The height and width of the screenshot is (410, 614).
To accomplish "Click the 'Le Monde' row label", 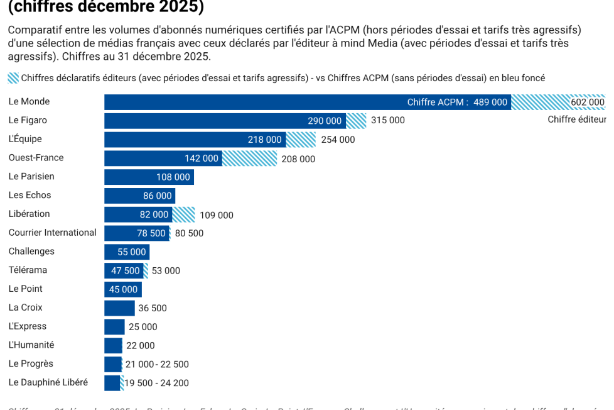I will pyautogui.click(x=29, y=101).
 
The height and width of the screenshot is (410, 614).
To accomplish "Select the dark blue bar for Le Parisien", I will pyautogui.click(x=149, y=177).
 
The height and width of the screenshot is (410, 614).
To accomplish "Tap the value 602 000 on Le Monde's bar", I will pyautogui.click(x=587, y=102).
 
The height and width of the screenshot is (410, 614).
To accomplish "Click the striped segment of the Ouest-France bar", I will pyautogui.click(x=249, y=158).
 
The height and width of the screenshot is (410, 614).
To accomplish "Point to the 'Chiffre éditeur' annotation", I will pyautogui.click(x=576, y=119).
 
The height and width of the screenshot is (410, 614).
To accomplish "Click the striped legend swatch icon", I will pyautogui.click(x=13, y=78).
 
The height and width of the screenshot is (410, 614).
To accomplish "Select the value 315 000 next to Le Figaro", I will pyautogui.click(x=387, y=121).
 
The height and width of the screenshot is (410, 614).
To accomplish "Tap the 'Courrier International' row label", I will pyautogui.click(x=52, y=233).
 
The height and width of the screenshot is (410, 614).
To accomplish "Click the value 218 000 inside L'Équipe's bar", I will pyautogui.click(x=264, y=140).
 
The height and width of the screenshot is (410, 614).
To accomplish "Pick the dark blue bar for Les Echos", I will pyautogui.click(x=139, y=196).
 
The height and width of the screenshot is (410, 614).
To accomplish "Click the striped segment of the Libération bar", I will pyautogui.click(x=183, y=214).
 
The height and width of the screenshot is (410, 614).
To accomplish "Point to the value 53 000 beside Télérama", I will pyautogui.click(x=166, y=271).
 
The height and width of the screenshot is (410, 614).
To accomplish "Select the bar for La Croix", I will pyautogui.click(x=119, y=308).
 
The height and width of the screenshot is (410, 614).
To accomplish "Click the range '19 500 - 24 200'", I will pyautogui.click(x=157, y=383).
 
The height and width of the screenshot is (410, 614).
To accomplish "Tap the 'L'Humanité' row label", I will pyautogui.click(x=31, y=345).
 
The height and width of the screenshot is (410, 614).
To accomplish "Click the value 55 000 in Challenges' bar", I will pyautogui.click(x=131, y=252).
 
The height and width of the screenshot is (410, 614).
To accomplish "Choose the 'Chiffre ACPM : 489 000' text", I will pyautogui.click(x=456, y=102).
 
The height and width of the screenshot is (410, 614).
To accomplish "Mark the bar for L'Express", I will pyautogui.click(x=114, y=327).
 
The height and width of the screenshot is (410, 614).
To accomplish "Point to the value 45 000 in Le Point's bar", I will pyautogui.click(x=123, y=290).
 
